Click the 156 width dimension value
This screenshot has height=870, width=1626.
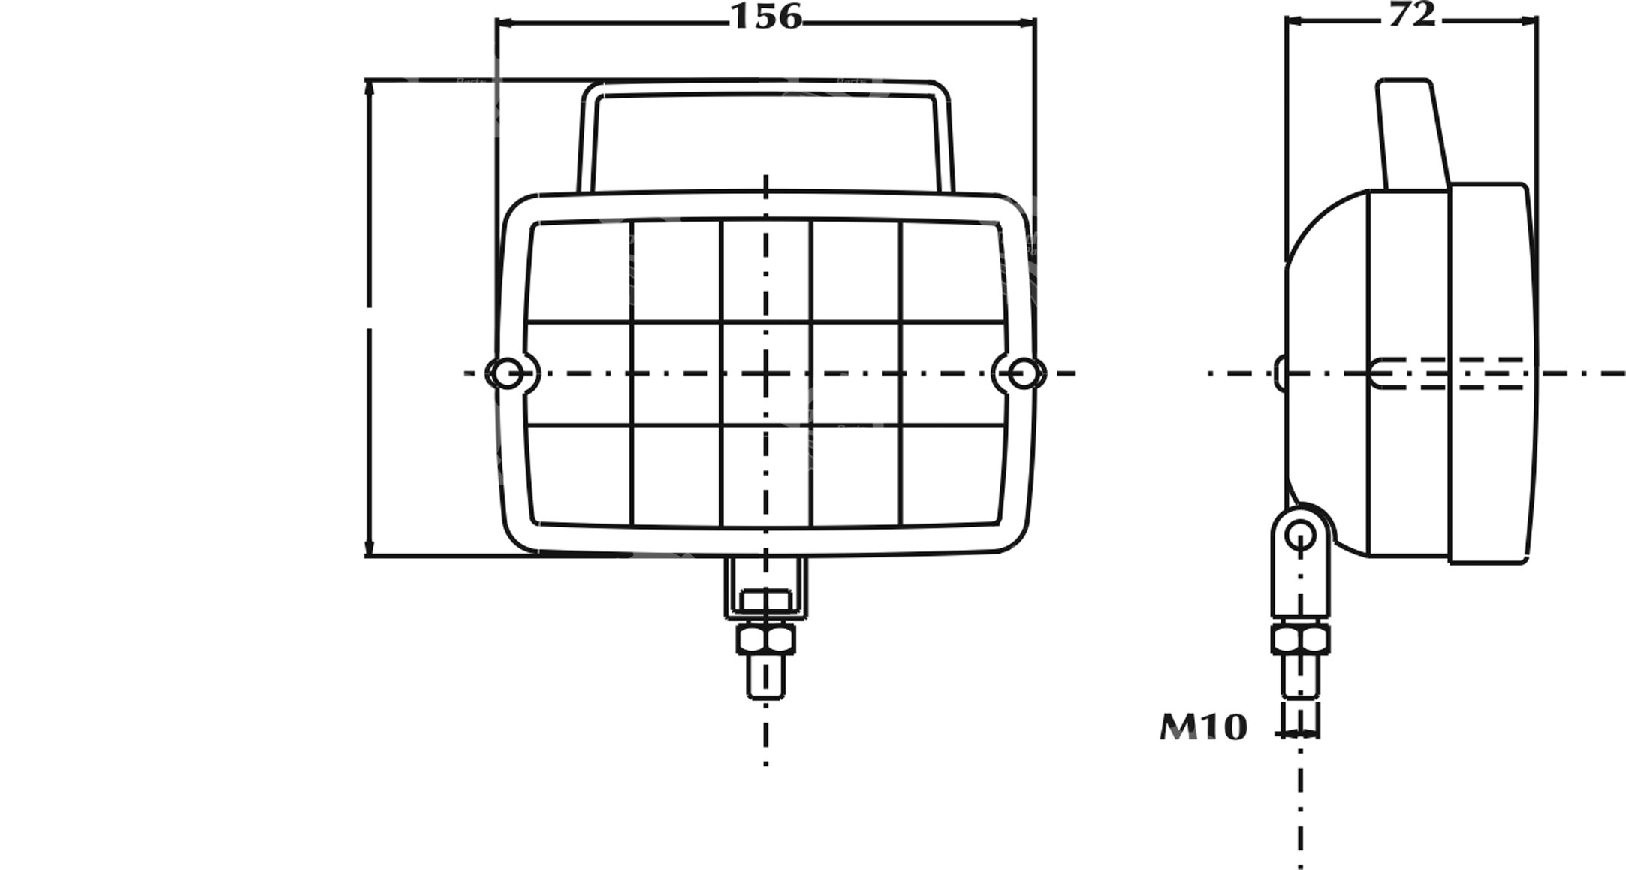tap(765, 17)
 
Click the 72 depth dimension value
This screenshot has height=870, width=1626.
tap(1412, 15)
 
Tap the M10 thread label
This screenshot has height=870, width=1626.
tap(1203, 727)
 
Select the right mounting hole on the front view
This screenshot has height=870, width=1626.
tap(1023, 373)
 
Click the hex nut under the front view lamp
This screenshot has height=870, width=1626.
tap(765, 639)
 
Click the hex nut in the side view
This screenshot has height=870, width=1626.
tap(1300, 639)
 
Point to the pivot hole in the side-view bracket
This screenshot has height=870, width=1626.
tap(1300, 536)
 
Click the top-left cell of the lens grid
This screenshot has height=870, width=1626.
tap(580, 272)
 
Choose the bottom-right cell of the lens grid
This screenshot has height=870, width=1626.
tap(951, 475)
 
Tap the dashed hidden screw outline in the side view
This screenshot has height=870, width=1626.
tap(1450, 373)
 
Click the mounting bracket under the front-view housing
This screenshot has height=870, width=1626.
tap(765, 591)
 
